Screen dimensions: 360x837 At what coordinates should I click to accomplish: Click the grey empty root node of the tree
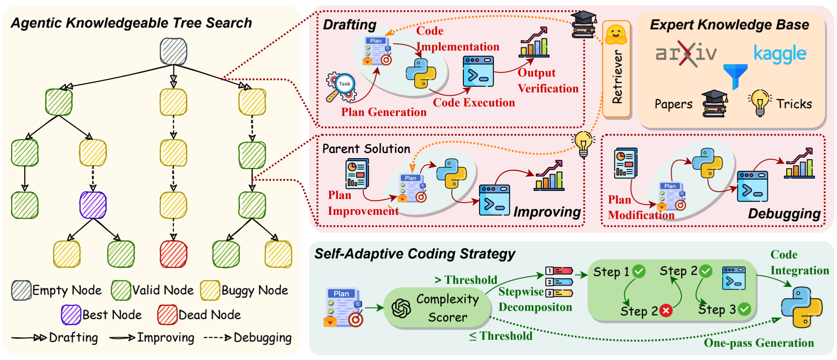(x=173, y=51)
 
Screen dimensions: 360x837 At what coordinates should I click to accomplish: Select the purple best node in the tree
(x=93, y=205)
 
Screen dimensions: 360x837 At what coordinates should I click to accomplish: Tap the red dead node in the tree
(x=173, y=254)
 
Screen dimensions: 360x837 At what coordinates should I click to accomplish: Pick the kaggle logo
(x=780, y=54)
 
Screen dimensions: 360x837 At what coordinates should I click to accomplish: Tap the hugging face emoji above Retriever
(x=616, y=35)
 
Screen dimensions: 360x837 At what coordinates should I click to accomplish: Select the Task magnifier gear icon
(x=341, y=87)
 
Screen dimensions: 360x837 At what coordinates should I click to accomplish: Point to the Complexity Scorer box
(x=437, y=308)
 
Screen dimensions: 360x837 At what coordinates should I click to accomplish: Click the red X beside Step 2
(x=665, y=310)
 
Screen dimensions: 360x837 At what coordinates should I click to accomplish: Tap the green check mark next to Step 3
(x=744, y=309)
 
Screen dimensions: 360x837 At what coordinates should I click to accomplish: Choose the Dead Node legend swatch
(x=167, y=315)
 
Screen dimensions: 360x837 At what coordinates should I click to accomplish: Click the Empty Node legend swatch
(x=21, y=290)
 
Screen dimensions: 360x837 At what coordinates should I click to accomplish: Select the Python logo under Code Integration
(x=801, y=307)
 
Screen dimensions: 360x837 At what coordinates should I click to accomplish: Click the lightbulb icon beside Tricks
(x=760, y=103)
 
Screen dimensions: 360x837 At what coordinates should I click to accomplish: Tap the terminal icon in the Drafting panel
(x=478, y=72)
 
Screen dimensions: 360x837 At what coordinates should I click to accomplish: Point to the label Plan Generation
(x=384, y=112)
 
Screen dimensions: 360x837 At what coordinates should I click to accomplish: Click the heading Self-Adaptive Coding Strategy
(x=415, y=254)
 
